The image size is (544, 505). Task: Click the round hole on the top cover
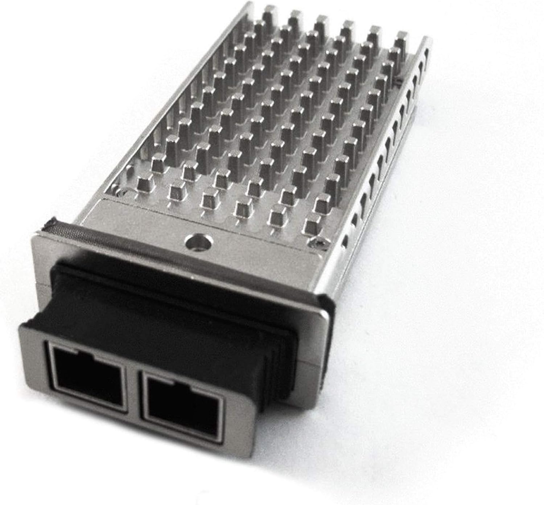point(198,241)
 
